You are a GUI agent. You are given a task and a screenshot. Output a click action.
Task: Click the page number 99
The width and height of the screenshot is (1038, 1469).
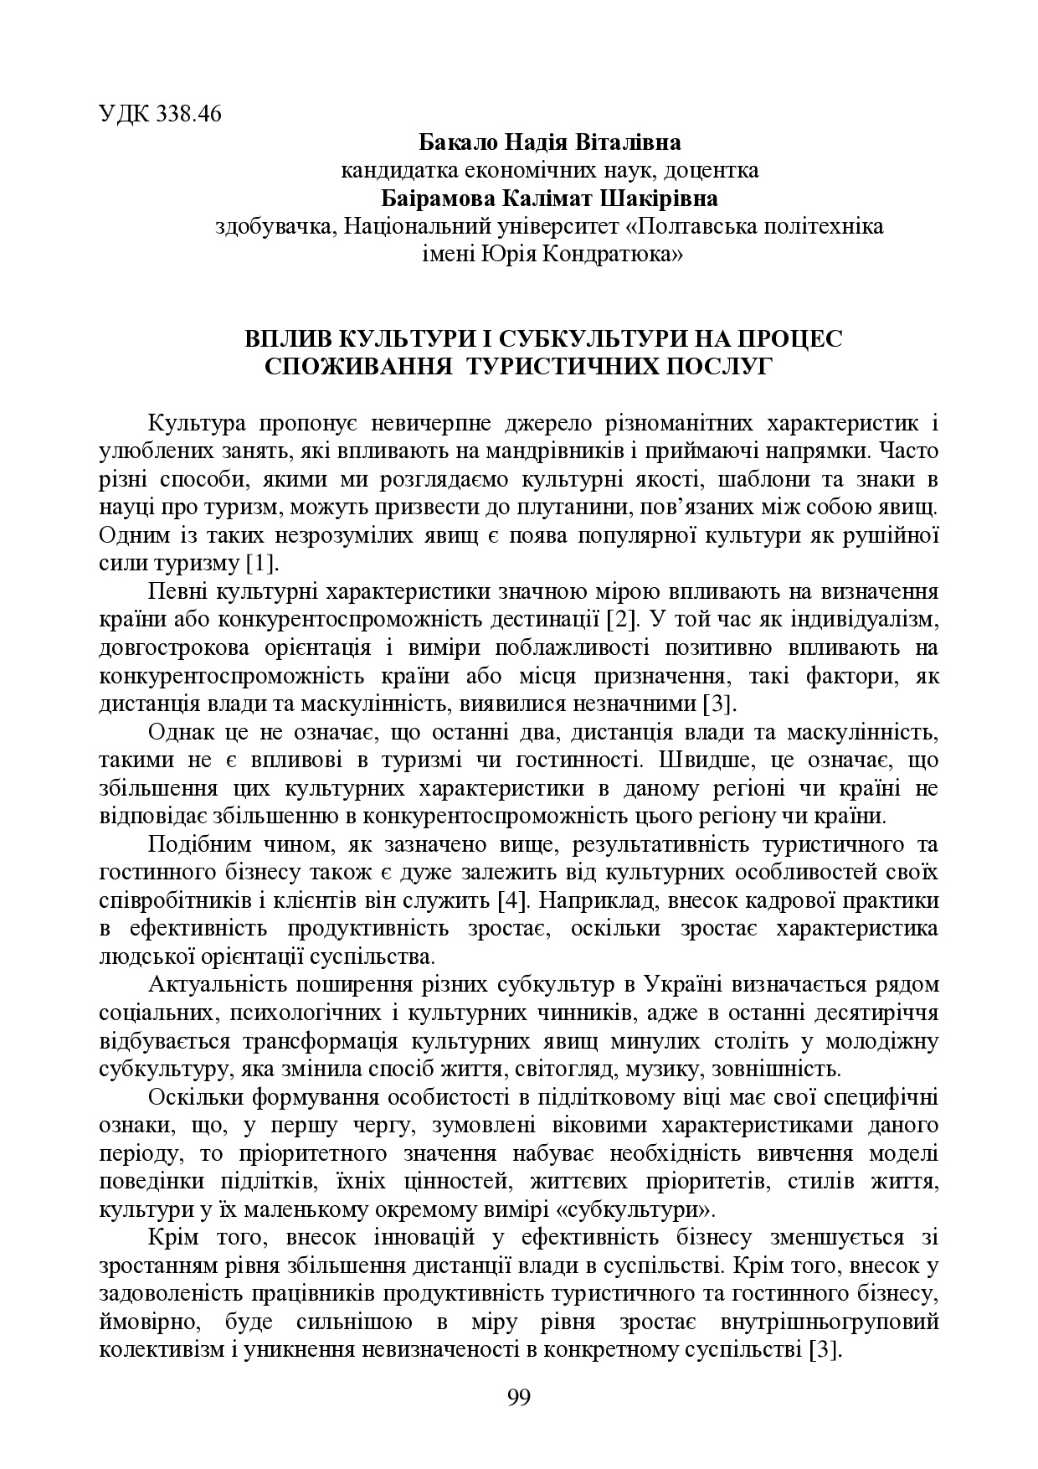[x=519, y=1397]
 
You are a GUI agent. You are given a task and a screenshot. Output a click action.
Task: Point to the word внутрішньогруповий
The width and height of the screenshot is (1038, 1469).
[x=829, y=1322]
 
